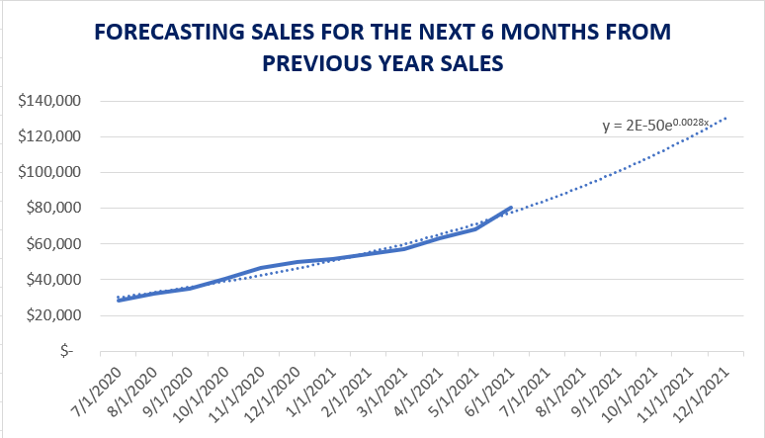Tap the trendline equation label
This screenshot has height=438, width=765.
656,126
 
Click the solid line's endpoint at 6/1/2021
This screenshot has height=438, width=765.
510,208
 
